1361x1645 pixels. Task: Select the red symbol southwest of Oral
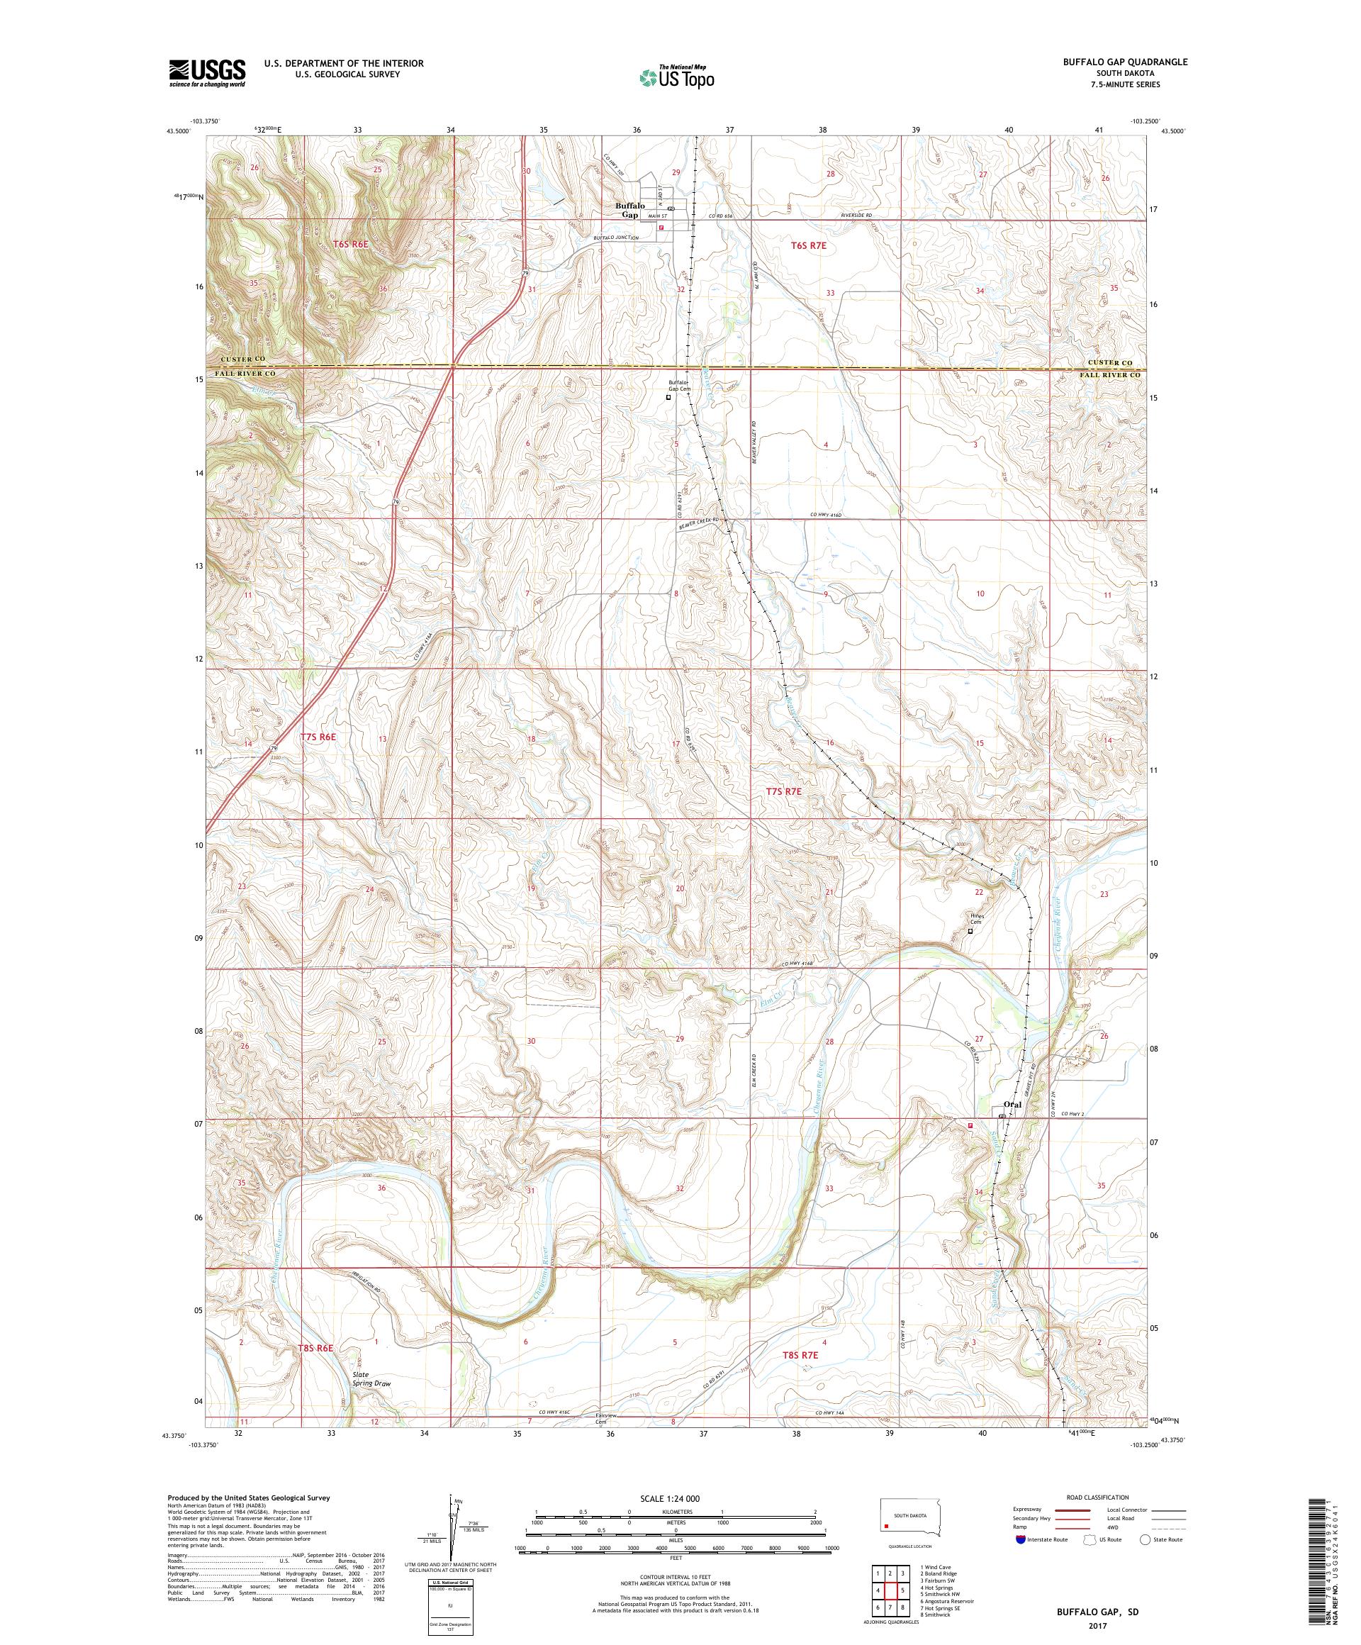click(x=970, y=1126)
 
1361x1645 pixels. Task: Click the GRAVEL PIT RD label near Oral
click(x=1031, y=1072)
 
